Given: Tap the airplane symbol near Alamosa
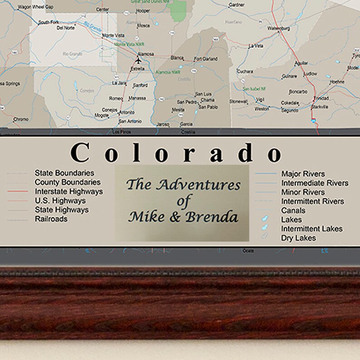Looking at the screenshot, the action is (138, 60).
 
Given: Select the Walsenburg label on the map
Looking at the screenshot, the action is (280, 29).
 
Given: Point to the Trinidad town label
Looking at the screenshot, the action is (321, 98).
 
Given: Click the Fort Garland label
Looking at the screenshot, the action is (205, 59).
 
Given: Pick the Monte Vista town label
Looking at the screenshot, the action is (113, 35).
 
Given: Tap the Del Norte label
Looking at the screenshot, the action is (65, 28).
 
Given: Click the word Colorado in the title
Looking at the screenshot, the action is (177, 153).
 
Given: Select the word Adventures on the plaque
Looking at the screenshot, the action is (198, 185).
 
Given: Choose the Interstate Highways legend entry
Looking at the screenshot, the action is (68, 191).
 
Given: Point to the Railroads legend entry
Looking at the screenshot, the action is (51, 219).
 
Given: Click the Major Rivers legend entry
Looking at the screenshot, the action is (303, 174).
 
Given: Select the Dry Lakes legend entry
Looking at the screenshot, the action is (298, 238).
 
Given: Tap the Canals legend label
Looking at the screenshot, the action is (293, 210).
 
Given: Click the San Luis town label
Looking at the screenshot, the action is (204, 94).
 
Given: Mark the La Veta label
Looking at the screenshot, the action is (256, 46).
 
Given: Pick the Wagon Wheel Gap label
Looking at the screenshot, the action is (35, 7).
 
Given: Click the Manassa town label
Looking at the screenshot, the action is (137, 98).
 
